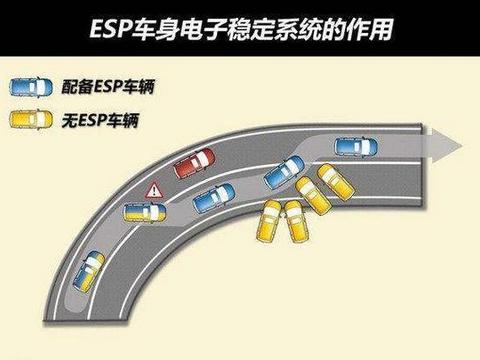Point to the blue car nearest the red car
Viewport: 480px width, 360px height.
213,196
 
